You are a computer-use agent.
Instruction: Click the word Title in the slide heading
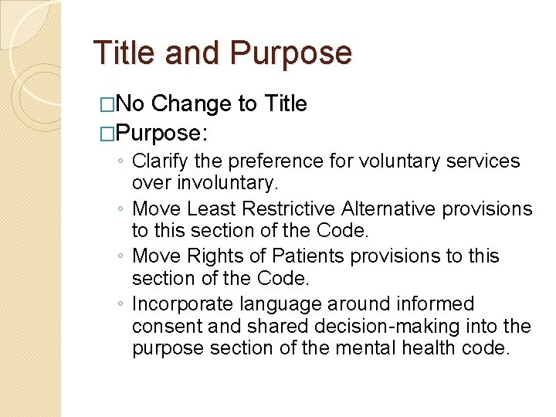(x=126, y=53)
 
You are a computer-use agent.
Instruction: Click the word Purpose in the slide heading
(x=291, y=53)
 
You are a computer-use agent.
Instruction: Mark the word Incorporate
(x=182, y=303)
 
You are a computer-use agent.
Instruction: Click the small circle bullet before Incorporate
(x=123, y=304)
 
